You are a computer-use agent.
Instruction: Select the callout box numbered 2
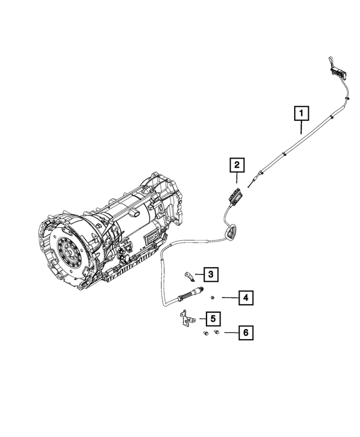tap(237, 165)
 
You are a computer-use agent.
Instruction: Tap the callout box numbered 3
tap(210, 274)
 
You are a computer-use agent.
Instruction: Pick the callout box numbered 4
tap(245, 298)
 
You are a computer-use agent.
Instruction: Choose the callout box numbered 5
tap(211, 319)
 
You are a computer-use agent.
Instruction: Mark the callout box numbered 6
tap(245, 333)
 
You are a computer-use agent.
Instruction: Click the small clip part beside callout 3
tap(189, 275)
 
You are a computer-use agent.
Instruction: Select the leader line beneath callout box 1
tap(301, 128)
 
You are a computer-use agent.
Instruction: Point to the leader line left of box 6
tap(229, 333)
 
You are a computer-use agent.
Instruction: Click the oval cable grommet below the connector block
tap(231, 231)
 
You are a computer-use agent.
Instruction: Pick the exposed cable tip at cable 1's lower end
tap(248, 183)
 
